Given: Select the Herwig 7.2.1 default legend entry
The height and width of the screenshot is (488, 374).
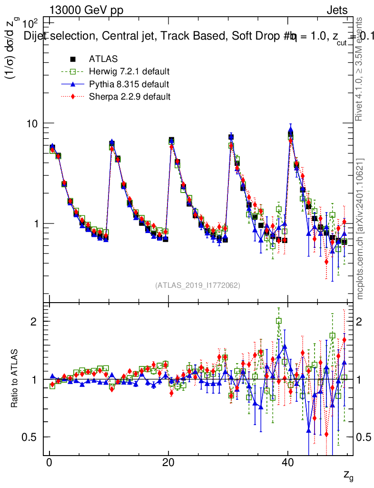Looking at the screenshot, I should point(129,72).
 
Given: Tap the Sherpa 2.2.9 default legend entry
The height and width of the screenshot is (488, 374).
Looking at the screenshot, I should point(129,97).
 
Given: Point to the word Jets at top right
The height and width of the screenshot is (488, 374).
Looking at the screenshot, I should point(336,11).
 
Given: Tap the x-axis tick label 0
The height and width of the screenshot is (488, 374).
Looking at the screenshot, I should point(49,463).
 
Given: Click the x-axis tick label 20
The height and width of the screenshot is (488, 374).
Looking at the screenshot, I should point(168,463).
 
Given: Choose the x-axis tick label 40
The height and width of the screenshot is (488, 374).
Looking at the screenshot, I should point(287,463).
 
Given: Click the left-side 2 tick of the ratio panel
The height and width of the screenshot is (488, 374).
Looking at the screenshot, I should point(33,321).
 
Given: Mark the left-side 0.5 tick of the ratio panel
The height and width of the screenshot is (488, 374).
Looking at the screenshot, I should point(30,437).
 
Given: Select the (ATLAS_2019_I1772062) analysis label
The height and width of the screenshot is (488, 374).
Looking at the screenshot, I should point(197,285).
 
